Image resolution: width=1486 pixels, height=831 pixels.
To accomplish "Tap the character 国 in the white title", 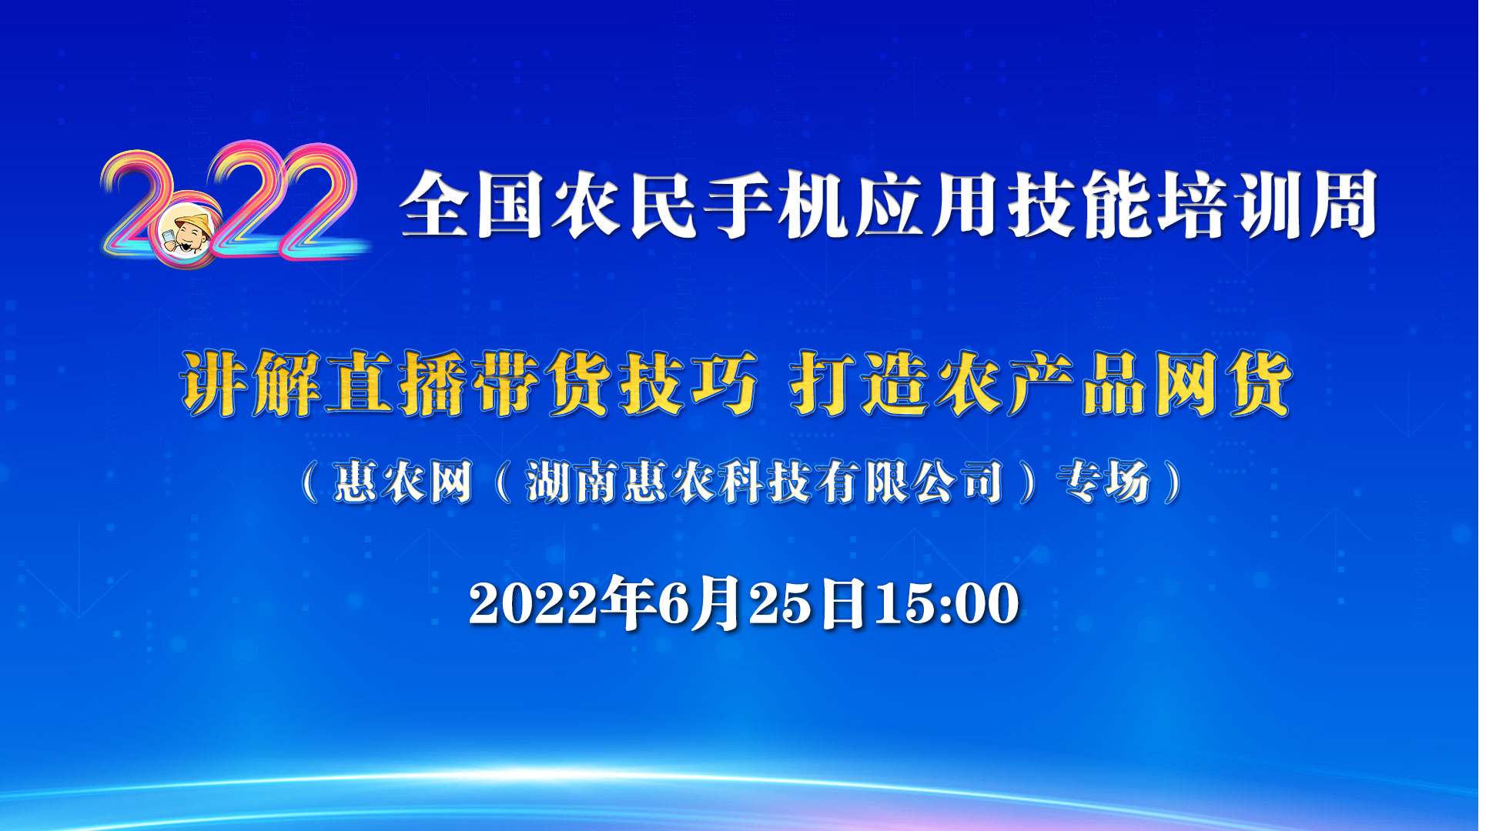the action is tap(510, 205).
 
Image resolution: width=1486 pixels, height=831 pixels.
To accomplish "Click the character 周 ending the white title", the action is tap(1344, 205).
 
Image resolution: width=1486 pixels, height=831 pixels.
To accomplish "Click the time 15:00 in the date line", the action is tap(946, 603).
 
